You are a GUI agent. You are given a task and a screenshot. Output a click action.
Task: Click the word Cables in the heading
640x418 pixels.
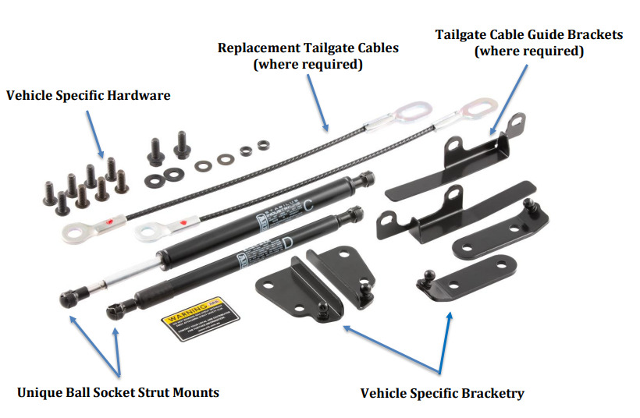[377, 48]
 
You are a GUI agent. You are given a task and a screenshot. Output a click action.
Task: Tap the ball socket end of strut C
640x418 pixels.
[66, 298]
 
